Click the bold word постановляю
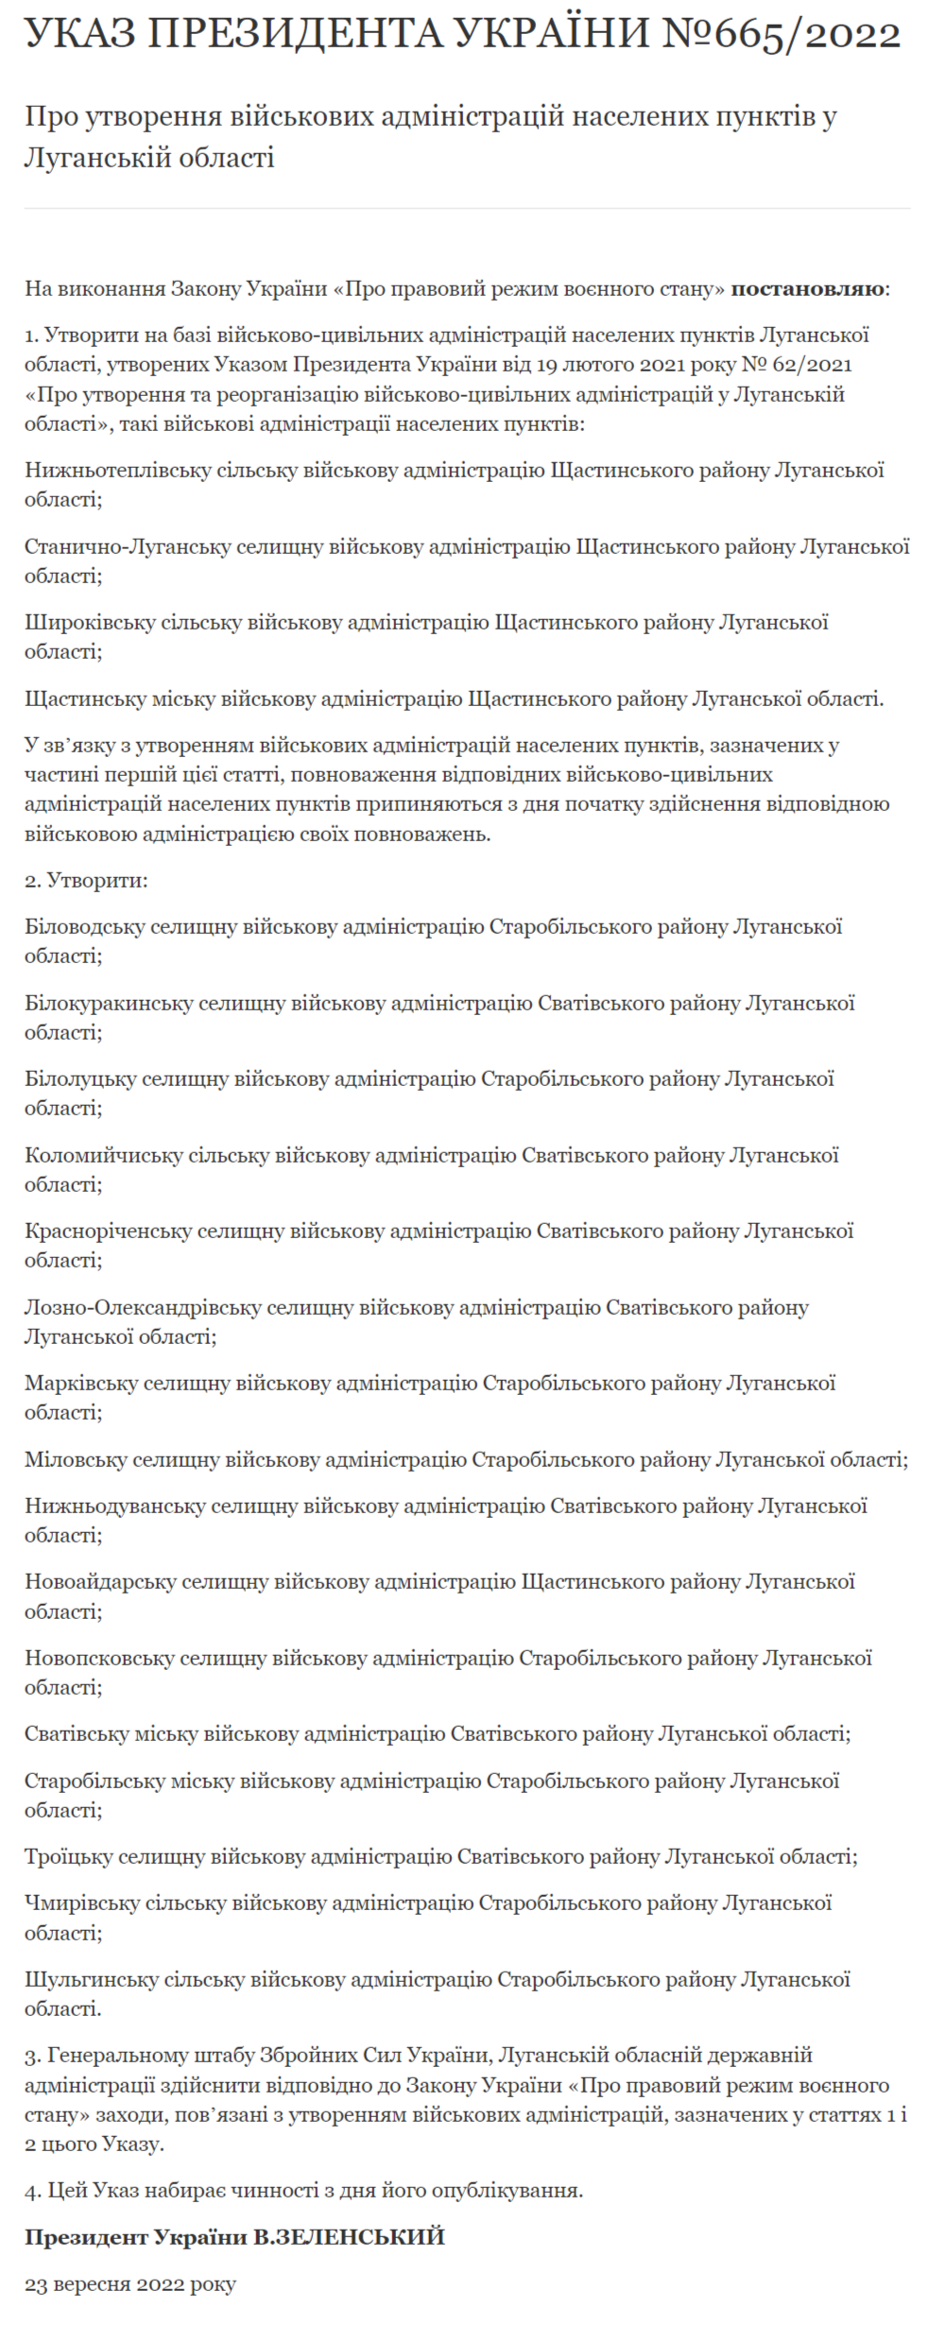click(809, 288)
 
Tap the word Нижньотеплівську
click(117, 470)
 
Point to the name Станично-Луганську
click(128, 546)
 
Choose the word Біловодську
click(85, 926)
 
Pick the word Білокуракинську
click(109, 1003)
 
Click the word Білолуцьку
click(80, 1078)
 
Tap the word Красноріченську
click(108, 1231)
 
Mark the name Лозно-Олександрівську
click(143, 1307)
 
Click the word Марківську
click(81, 1383)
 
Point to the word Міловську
click(76, 1459)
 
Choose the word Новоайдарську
click(100, 1581)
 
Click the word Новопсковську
click(99, 1658)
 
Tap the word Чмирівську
click(81, 1903)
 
